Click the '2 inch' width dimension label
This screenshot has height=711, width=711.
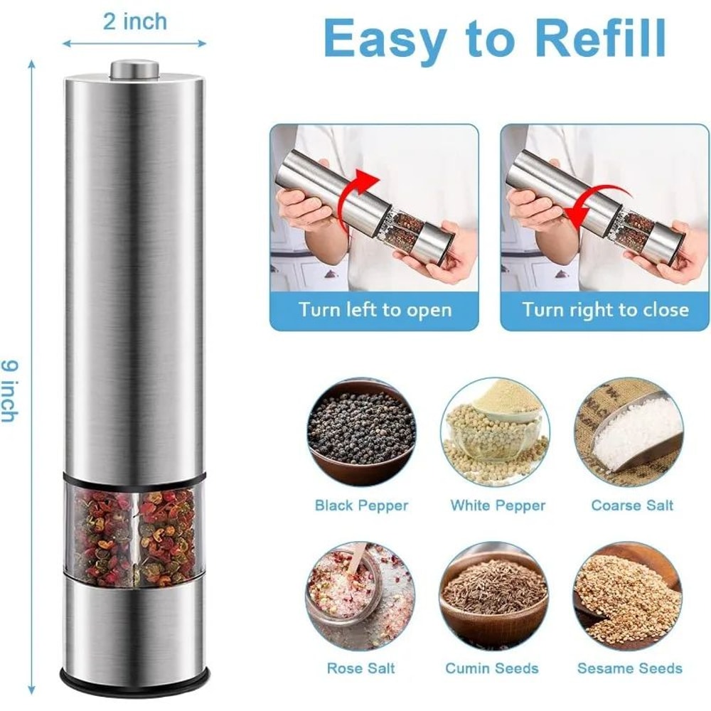(135, 21)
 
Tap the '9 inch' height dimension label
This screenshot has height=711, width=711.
(9, 390)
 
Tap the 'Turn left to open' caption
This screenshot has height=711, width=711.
(375, 310)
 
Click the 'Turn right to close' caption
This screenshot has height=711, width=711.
(605, 310)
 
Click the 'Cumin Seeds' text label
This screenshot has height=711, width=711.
(492, 668)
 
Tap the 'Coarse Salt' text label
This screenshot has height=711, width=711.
(632, 506)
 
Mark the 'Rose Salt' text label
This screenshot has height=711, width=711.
(361, 668)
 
